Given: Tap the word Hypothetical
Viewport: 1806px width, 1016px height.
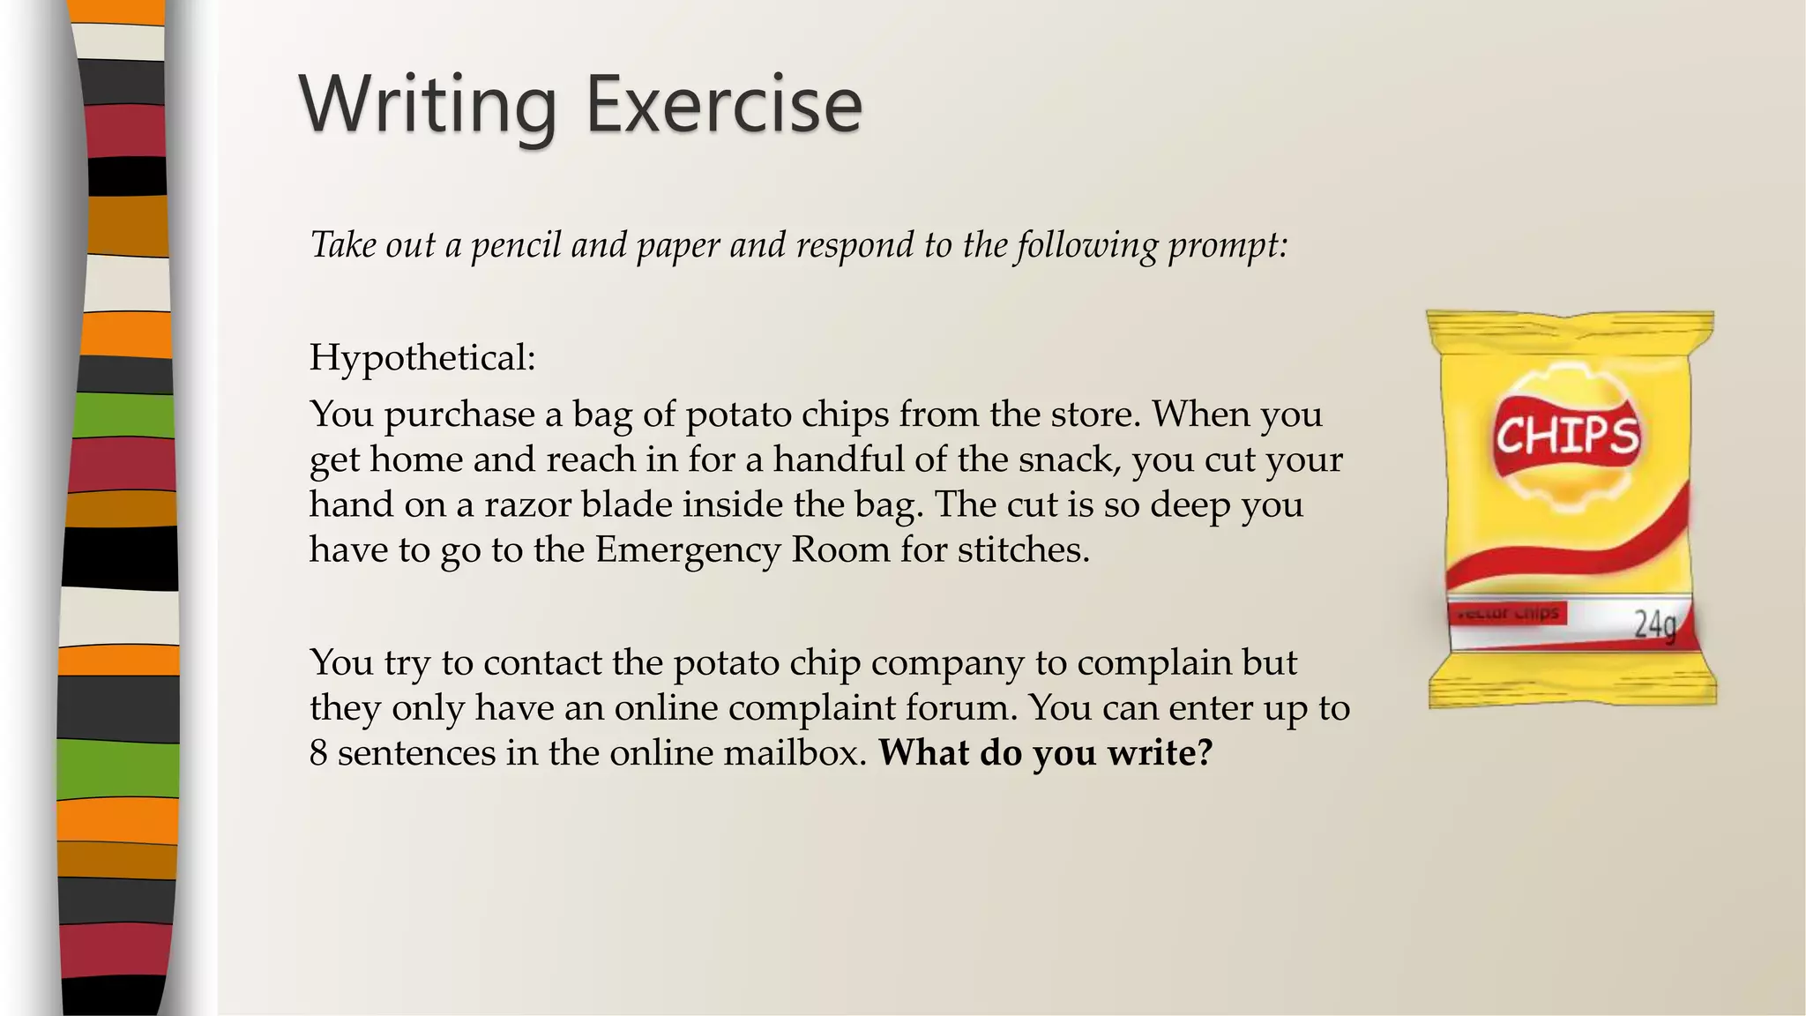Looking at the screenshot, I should pyautogui.click(x=422, y=358).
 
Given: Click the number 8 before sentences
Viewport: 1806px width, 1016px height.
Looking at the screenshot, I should pyautogui.click(x=318, y=752).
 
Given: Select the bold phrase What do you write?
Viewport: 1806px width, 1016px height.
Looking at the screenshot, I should pyautogui.click(x=1046, y=752).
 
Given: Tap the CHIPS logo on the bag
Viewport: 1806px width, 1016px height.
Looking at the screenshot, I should pyautogui.click(x=1567, y=435).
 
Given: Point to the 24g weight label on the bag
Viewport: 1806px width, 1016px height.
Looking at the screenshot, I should pyautogui.click(x=1654, y=623).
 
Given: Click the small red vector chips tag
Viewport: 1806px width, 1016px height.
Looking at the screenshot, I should pyautogui.click(x=1507, y=613).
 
